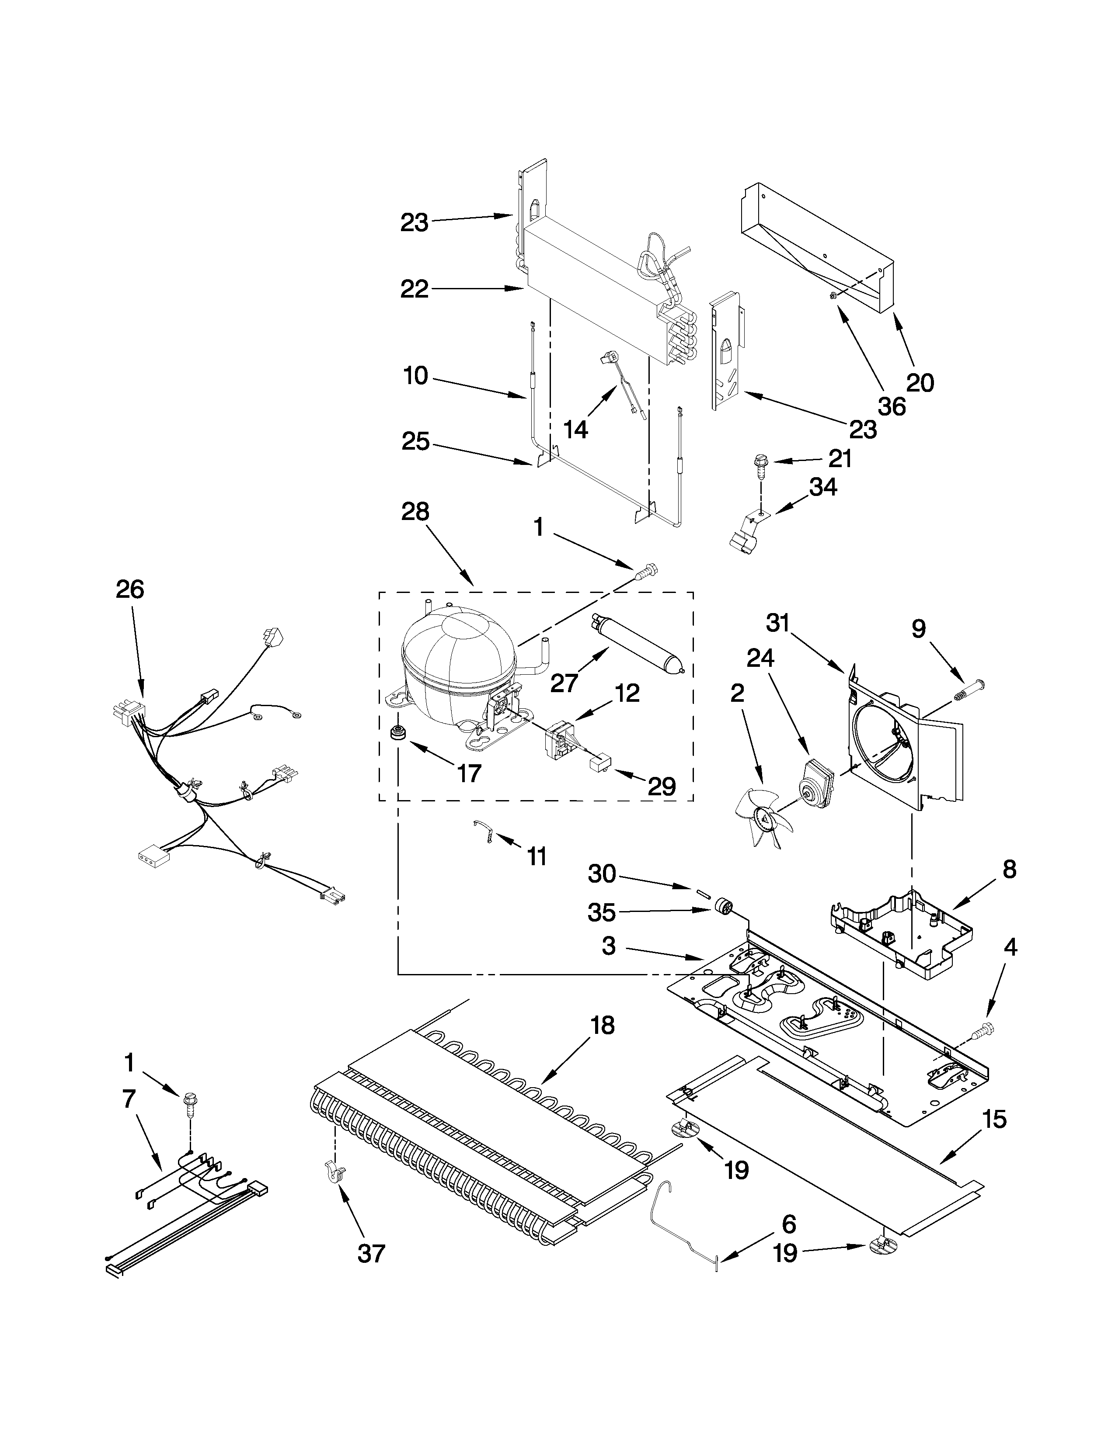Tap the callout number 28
click(415, 512)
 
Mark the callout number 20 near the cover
click(920, 382)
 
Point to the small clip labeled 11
click(484, 830)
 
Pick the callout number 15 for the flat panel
click(994, 1119)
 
